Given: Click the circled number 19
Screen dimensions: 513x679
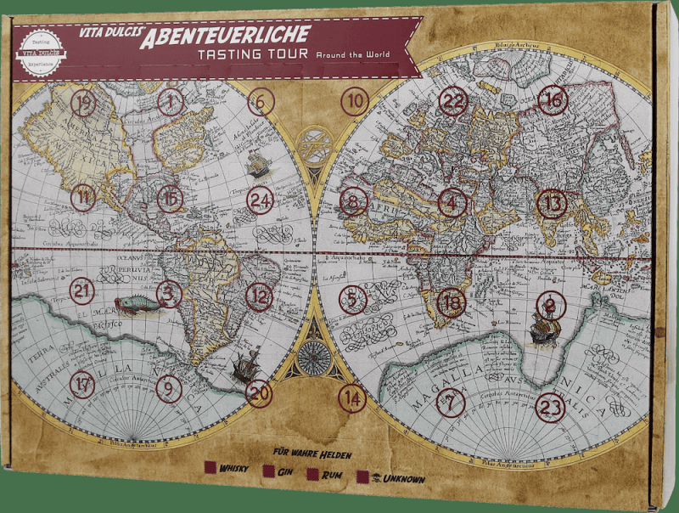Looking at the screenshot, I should click(83, 103).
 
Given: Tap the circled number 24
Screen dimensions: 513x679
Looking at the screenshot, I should click(261, 200).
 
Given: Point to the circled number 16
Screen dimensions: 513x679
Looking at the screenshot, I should click(553, 99).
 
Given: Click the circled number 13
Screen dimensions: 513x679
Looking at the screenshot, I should click(553, 203).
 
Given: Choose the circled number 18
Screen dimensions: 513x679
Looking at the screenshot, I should click(452, 302).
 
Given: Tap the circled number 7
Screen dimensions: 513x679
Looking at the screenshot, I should click(451, 402).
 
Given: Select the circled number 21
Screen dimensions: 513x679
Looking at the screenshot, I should click(81, 290).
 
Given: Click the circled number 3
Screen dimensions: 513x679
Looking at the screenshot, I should click(169, 294).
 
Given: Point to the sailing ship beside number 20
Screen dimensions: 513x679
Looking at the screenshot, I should click(246, 366).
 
